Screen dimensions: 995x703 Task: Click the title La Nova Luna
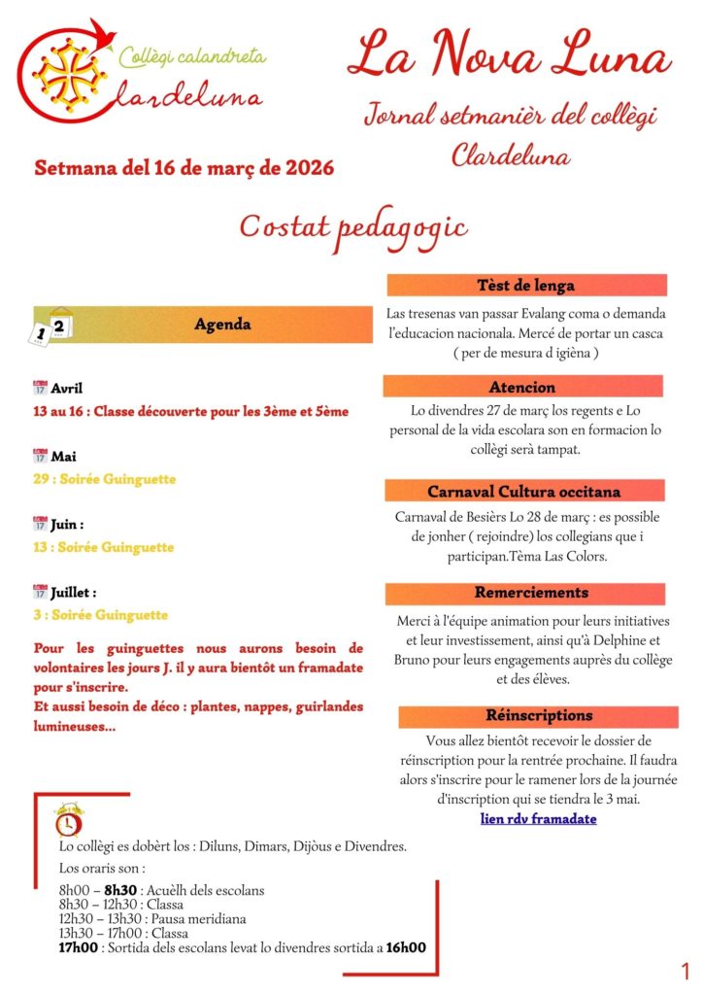click(x=509, y=56)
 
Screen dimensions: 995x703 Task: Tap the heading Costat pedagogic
click(x=353, y=226)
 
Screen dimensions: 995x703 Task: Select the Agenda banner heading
click(x=223, y=325)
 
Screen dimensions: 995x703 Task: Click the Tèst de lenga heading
click(x=526, y=286)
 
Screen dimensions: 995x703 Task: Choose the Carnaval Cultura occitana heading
click(x=524, y=491)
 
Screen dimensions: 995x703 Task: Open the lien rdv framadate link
click(x=539, y=819)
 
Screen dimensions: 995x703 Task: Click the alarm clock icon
click(x=68, y=820)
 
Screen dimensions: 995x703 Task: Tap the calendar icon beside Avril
click(x=40, y=388)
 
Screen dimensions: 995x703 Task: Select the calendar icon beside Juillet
click(x=40, y=591)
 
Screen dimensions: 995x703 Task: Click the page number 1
click(x=685, y=971)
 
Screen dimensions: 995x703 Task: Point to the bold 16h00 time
click(x=406, y=947)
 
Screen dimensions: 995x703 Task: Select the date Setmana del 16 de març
click(x=184, y=167)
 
